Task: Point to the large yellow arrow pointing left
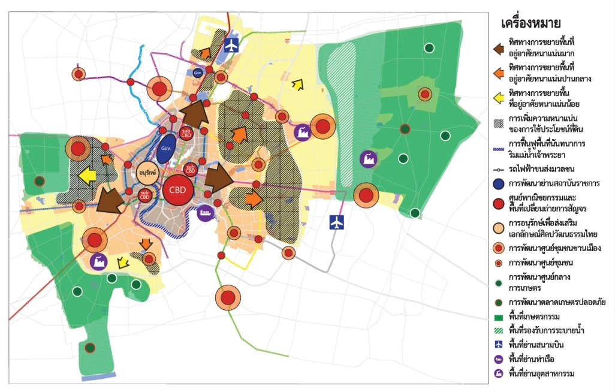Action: (x=88, y=176)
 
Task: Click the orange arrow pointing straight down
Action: (x=146, y=245)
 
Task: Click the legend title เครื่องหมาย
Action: (x=530, y=23)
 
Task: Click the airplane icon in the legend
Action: (x=496, y=344)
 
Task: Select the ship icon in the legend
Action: (x=496, y=359)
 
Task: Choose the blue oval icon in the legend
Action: (x=496, y=183)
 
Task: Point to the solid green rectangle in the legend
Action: (x=496, y=315)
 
